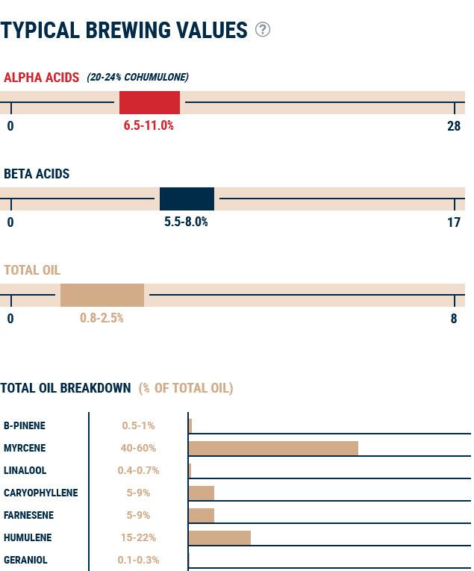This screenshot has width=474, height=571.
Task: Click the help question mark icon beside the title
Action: tap(263, 29)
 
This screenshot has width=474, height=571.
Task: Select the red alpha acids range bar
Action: tap(149, 102)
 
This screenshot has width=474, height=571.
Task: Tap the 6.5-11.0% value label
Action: tap(149, 125)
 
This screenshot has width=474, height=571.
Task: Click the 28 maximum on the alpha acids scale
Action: tap(454, 125)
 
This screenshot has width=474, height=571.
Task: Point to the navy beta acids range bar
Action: tap(187, 199)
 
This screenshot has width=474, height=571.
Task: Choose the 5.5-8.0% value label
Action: tap(186, 222)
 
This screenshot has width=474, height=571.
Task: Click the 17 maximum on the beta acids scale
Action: tap(454, 222)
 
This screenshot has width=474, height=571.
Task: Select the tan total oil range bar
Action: tap(102, 295)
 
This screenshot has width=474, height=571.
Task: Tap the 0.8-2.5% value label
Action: tap(102, 318)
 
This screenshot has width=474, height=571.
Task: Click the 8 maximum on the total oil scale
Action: tap(454, 318)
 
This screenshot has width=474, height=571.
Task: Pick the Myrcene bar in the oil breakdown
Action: tap(273, 448)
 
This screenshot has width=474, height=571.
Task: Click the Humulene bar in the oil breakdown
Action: tap(219, 537)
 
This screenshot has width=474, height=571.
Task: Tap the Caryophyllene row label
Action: tap(40, 493)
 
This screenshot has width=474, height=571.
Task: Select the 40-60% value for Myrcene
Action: tap(138, 448)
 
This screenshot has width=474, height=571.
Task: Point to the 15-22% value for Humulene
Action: tap(138, 537)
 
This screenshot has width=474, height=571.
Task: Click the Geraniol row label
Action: tap(25, 560)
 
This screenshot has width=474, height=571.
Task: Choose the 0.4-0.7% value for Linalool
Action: tap(138, 470)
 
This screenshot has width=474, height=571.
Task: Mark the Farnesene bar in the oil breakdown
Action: tap(202, 515)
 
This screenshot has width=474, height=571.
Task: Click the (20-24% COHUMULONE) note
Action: tap(137, 77)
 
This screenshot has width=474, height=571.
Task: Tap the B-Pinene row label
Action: tap(25, 425)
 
